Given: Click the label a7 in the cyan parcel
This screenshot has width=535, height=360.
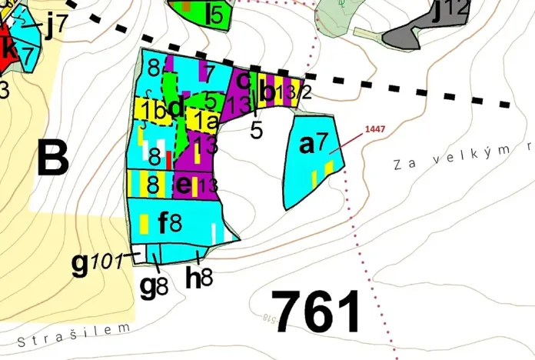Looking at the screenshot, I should (314, 143).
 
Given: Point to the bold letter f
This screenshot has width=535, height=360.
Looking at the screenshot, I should (163, 224).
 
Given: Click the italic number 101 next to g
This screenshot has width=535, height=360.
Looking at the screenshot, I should (107, 262).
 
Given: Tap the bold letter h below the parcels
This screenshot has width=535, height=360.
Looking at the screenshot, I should (193, 278).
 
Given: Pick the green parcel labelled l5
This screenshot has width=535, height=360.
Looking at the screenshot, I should (201, 13).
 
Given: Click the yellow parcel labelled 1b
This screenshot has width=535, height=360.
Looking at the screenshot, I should (152, 109).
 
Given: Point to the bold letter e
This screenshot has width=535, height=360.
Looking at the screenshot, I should (184, 185).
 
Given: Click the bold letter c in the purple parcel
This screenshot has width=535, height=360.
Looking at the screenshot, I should (242, 79).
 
